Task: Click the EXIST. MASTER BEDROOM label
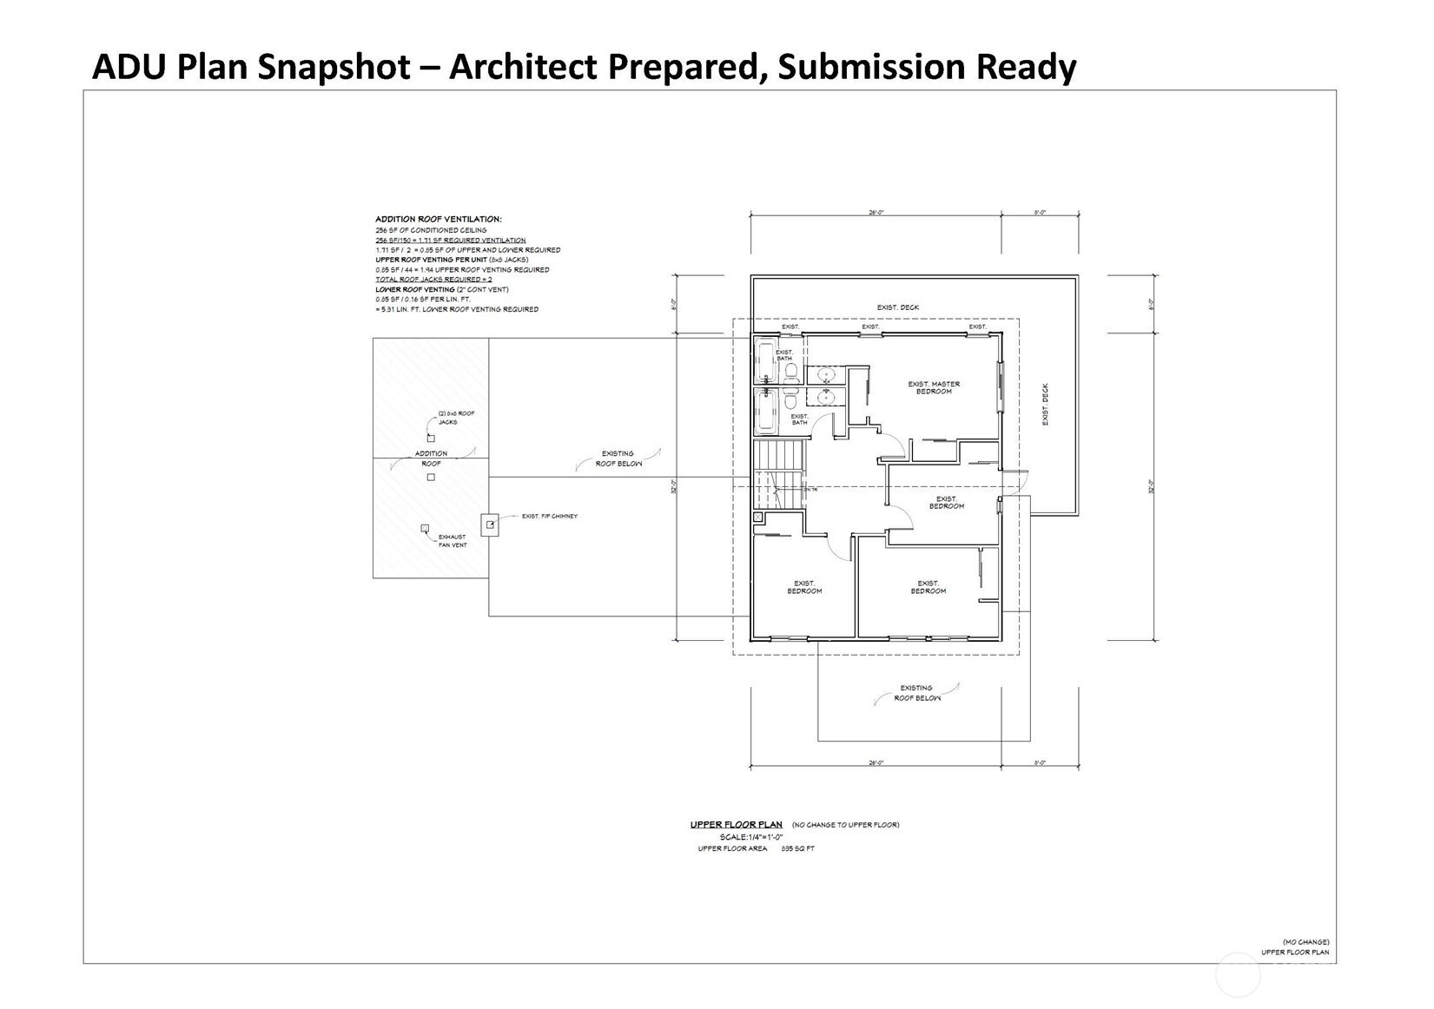coord(934,387)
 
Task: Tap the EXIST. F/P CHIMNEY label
coord(549,517)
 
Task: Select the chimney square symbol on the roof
coord(491,524)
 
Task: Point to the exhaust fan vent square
coord(425,528)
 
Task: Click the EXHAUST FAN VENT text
coord(453,541)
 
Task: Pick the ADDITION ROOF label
coord(431,458)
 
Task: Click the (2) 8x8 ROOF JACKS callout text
coord(458,418)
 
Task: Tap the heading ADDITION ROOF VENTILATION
coord(438,220)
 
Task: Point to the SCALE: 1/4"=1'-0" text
coord(744,837)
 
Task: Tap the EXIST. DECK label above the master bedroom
coord(897,307)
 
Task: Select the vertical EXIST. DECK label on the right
coord(1046,404)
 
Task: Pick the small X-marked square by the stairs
coord(758,518)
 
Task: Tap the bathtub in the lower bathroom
coord(766,412)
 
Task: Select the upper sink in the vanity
coord(825,376)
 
